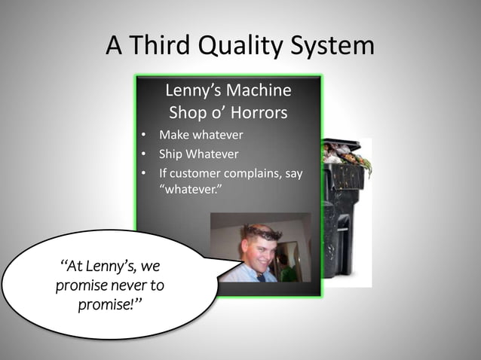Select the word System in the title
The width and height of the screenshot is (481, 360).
(332, 47)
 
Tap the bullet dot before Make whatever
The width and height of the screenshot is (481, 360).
(143, 136)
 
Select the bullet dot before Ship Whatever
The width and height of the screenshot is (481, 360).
(143, 155)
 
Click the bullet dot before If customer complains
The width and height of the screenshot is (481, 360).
(143, 174)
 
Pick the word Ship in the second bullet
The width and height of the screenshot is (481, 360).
(170, 154)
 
